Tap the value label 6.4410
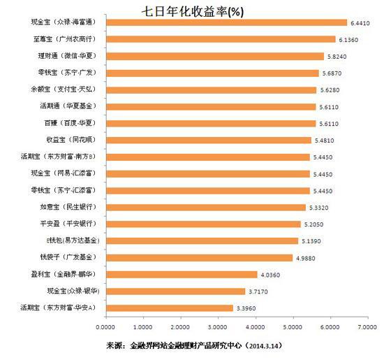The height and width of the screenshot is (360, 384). pyautogui.click(x=361, y=22)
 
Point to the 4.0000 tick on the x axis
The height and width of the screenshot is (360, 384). pyautogui.click(x=256, y=325)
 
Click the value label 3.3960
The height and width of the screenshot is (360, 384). pyautogui.click(x=248, y=308)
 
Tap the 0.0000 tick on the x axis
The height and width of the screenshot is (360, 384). pyautogui.click(x=106, y=325)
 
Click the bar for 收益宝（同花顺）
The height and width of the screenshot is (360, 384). pyautogui.click(x=209, y=140)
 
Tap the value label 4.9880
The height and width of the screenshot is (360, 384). pyautogui.click(x=308, y=258)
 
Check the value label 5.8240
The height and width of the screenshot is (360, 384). pyautogui.click(x=339, y=56)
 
